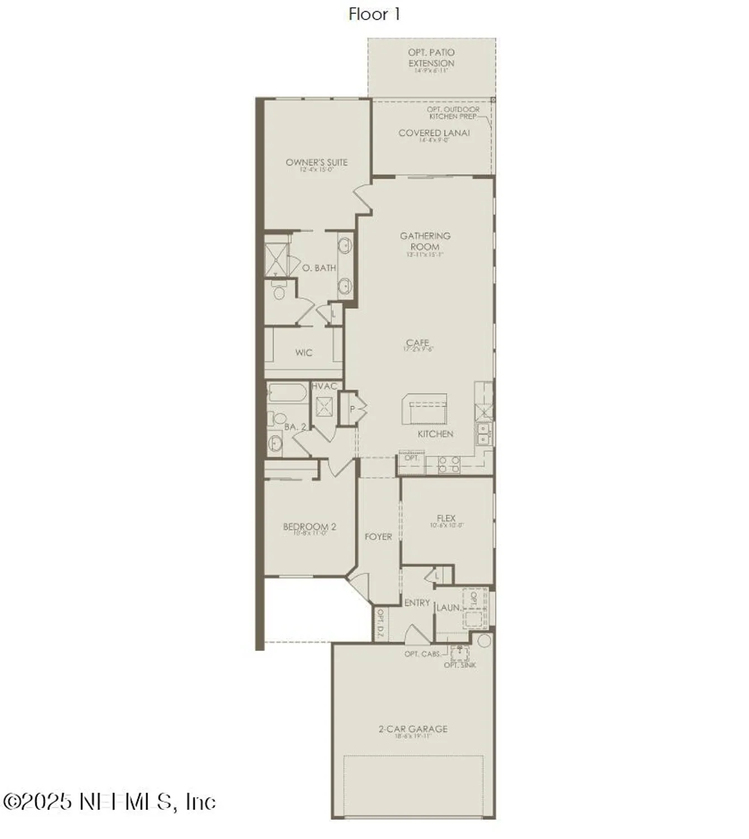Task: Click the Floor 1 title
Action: coord(374,14)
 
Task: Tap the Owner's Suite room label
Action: coord(317,163)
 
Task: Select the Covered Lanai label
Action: coord(434,133)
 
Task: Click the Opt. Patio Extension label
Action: coord(431,58)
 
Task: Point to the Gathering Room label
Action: coord(425,242)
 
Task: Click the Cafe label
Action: coord(418,343)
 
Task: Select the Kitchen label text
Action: coord(435,434)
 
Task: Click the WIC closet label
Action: coord(304,352)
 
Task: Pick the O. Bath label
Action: coord(319,268)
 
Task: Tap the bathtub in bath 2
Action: coord(286,394)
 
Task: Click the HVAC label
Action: coord(324,386)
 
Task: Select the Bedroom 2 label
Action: coord(309,527)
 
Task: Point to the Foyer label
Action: coord(378,537)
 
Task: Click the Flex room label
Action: coord(446,519)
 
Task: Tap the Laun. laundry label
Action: coord(449,607)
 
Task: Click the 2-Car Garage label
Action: coord(413,729)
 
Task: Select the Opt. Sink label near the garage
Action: coord(460,665)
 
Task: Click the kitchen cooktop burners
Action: coord(449,465)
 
